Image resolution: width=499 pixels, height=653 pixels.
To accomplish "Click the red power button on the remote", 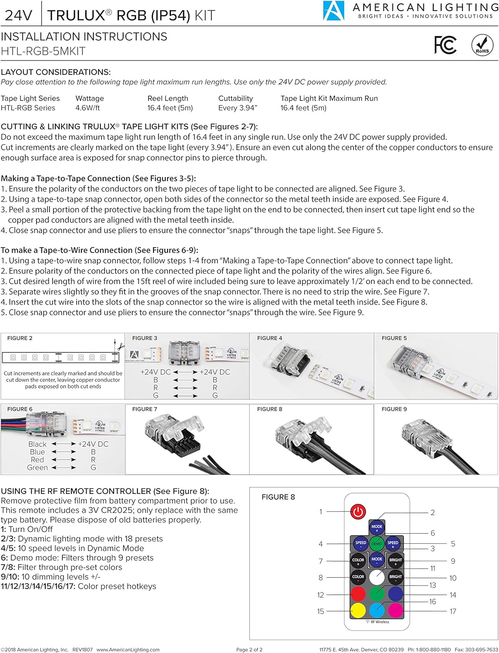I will (358, 512).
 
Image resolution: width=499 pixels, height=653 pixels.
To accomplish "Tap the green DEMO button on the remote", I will (377, 543).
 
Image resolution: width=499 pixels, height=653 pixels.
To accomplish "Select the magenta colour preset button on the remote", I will (395, 610).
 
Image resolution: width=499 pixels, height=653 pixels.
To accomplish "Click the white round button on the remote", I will (377, 577).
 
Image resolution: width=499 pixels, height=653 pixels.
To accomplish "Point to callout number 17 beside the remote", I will (452, 611).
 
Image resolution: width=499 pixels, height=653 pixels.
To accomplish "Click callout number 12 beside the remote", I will (321, 595).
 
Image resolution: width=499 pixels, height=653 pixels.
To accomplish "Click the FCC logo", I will (445, 45).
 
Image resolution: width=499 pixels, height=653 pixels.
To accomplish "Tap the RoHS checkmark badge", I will (482, 45).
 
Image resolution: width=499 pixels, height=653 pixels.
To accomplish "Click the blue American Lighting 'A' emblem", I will (333, 11).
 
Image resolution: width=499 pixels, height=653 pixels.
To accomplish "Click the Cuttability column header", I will (235, 98).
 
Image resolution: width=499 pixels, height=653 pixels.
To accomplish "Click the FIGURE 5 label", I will (394, 338).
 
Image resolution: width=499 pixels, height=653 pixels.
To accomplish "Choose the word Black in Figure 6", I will (37, 444).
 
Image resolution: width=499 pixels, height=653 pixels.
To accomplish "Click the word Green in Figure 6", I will (37, 468).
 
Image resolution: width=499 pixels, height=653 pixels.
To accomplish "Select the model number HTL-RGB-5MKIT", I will (43, 51).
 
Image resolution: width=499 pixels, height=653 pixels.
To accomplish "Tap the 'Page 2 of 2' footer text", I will (249, 650).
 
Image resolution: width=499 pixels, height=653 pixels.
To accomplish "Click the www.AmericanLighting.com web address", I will (128, 650).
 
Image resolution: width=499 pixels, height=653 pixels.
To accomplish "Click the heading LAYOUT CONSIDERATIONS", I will (56, 72).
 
